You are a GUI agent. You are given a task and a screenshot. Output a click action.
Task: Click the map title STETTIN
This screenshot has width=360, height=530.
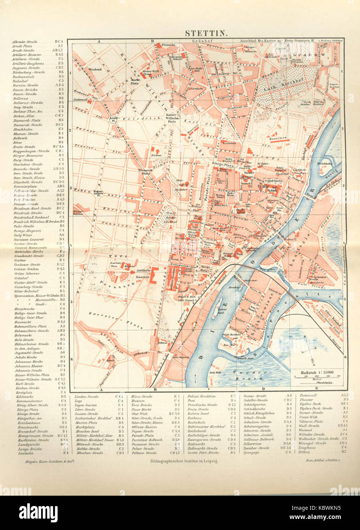207,33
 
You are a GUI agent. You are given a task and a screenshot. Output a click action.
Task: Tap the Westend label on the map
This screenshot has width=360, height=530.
95,69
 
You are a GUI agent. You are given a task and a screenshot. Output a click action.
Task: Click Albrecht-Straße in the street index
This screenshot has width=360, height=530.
24,41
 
